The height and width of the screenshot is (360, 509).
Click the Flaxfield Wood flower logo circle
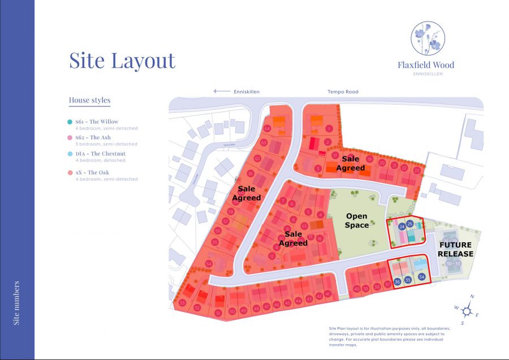(428, 38)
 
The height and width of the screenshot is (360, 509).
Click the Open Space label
(357, 220)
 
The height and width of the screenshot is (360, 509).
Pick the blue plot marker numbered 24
(402, 226)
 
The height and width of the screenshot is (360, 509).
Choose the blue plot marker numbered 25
(410, 224)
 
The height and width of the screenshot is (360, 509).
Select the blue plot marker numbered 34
(421, 276)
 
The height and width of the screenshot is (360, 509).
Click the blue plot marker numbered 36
(398, 281)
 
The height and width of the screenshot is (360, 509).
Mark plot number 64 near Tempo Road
(266, 129)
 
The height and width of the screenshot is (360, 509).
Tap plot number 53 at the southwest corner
(183, 303)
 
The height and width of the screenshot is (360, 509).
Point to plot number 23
(417, 170)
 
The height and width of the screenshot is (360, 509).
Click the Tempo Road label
(343, 92)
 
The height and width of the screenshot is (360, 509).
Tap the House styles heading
(89, 101)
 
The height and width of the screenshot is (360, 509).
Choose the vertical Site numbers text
(16, 303)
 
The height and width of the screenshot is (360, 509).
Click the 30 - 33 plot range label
(453, 264)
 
